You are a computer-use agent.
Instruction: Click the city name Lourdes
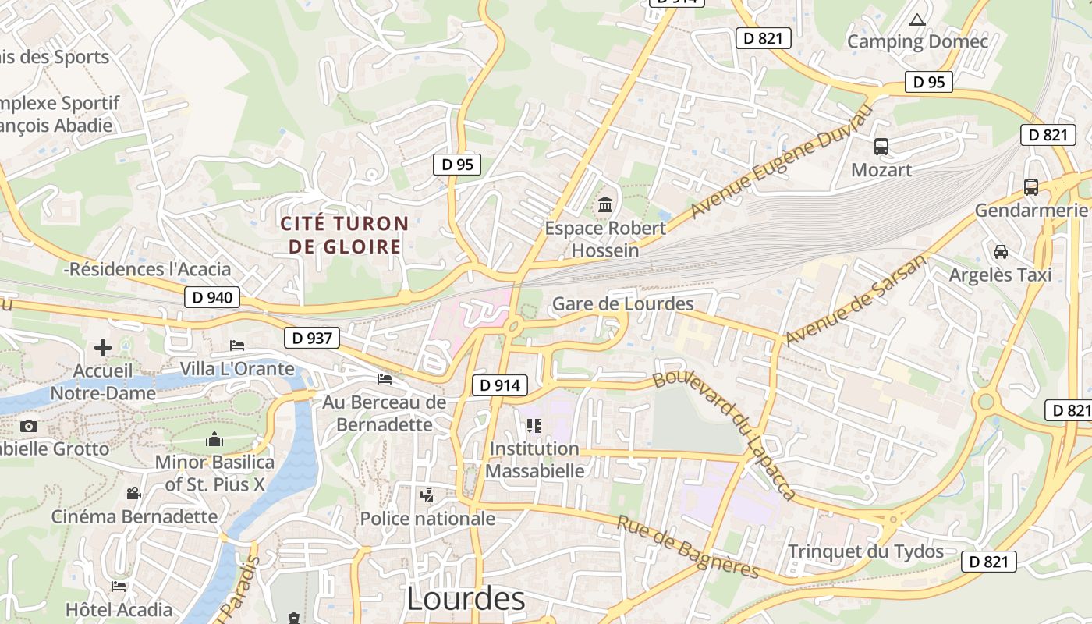pos(466,599)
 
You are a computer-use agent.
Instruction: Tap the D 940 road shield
pos(212,297)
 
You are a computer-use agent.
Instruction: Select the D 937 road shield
pos(312,338)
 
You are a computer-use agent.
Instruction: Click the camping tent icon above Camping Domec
pos(917,19)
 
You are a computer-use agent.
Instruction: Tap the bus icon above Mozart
pos(881,146)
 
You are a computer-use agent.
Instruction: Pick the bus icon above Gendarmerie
pos(1031,186)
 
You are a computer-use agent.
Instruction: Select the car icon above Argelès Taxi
pos(1001,251)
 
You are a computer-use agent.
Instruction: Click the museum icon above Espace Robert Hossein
pos(605,205)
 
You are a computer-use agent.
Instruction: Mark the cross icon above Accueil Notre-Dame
pos(103,347)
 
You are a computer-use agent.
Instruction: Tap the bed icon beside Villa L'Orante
pos(237,345)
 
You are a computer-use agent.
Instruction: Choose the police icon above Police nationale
pos(427,495)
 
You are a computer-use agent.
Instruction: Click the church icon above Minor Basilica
pos(214,440)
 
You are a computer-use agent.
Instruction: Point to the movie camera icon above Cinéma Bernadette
pos(133,493)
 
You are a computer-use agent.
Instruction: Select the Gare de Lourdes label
pos(622,303)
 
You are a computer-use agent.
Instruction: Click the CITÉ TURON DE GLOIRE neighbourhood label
pos(345,235)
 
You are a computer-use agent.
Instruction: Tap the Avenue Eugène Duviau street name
pos(779,162)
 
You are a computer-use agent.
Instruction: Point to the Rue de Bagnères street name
pos(687,547)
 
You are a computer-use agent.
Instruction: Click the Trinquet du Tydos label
pos(865,551)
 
